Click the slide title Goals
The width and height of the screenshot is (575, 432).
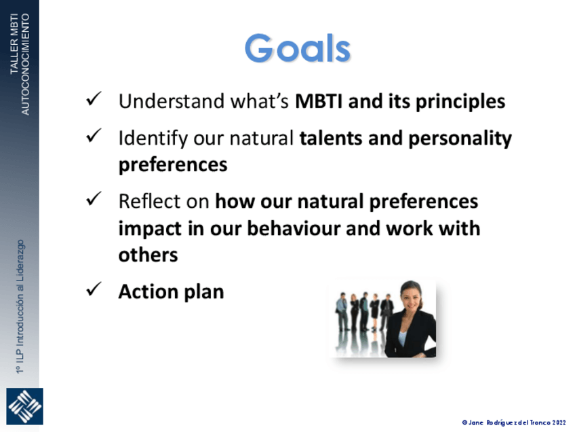pyautogui.click(x=298, y=48)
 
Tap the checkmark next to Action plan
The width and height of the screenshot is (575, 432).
pyautogui.click(x=94, y=289)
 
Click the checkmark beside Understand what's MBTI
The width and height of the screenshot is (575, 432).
pyautogui.click(x=94, y=99)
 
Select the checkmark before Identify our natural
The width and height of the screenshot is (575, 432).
pyautogui.click(x=94, y=136)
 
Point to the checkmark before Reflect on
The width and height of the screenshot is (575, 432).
pyautogui.click(x=94, y=199)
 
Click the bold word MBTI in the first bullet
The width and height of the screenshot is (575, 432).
pyautogui.click(x=319, y=101)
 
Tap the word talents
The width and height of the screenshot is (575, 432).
pyautogui.click(x=331, y=139)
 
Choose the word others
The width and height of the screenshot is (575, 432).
pyautogui.click(x=148, y=255)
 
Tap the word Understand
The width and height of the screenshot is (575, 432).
pyautogui.click(x=172, y=101)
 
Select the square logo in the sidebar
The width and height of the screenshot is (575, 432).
pyautogui.click(x=24, y=406)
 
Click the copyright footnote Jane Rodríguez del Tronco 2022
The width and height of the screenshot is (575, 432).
pyautogui.click(x=514, y=422)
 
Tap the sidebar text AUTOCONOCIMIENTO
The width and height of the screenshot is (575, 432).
pyautogui.click(x=25, y=65)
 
